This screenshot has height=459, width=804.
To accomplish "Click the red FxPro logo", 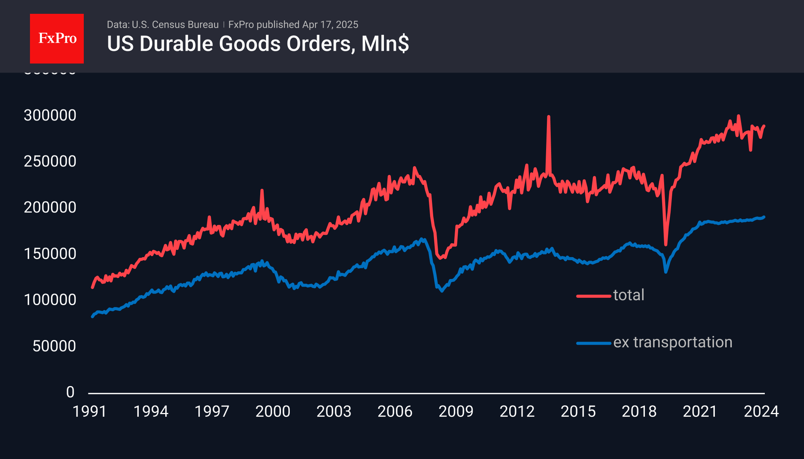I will pyautogui.click(x=57, y=38).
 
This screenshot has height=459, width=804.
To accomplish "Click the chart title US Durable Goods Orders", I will pyautogui.click(x=257, y=44).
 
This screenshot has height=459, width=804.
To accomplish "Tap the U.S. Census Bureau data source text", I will pyautogui.click(x=163, y=25).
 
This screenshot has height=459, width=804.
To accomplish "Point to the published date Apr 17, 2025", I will pyautogui.click(x=330, y=25).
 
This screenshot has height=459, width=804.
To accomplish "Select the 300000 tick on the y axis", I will pyautogui.click(x=50, y=116).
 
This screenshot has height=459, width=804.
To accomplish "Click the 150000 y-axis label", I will pyautogui.click(x=50, y=254).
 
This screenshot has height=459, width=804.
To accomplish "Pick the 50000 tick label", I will pyautogui.click(x=54, y=346).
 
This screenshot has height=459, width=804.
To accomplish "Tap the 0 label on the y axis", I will pyautogui.click(x=70, y=392).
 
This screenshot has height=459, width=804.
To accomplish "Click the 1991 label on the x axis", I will pyautogui.click(x=90, y=411).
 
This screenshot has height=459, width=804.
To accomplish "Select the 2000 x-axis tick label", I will pyautogui.click(x=273, y=411).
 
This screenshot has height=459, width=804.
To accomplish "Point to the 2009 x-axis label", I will pyautogui.click(x=456, y=411).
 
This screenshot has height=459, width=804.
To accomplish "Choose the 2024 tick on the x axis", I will pyautogui.click(x=761, y=411).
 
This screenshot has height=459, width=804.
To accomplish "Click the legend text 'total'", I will pyautogui.click(x=629, y=295).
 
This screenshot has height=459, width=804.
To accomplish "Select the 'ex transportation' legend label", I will pyautogui.click(x=673, y=342).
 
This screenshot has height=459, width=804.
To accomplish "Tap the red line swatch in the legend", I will pyautogui.click(x=594, y=296).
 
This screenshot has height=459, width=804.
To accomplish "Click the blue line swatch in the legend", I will pyautogui.click(x=594, y=343).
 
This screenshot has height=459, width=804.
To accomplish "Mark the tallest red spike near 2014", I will pyautogui.click(x=548, y=117).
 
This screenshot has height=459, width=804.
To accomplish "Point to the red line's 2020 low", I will pyautogui.click(x=666, y=244).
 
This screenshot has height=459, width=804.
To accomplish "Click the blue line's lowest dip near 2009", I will pyautogui.click(x=442, y=291).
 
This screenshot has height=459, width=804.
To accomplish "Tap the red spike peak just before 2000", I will pyautogui.click(x=262, y=190).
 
